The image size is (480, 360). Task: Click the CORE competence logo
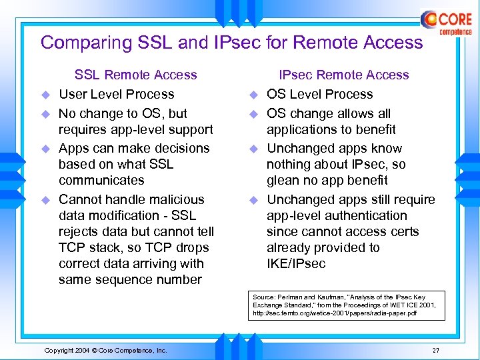coord(447,23)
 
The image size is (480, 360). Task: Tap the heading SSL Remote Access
coord(136,75)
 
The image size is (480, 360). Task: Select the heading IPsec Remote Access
coord(344,75)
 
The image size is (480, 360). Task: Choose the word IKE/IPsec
coord(296,263)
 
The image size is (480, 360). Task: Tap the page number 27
coord(435,350)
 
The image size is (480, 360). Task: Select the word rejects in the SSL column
coord(80,231)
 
